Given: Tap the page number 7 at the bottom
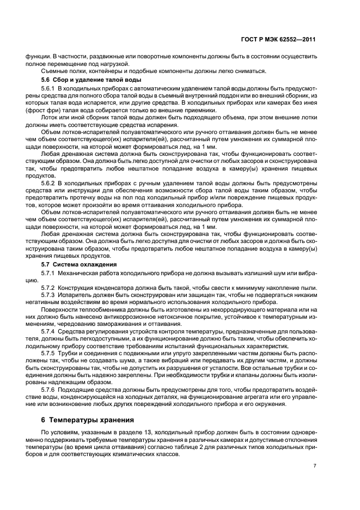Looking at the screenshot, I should coord(315,465).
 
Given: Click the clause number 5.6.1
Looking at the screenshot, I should coord(48,88).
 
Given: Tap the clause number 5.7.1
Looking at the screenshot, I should coord(48,271).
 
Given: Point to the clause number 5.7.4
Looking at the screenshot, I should coord(48,331).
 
